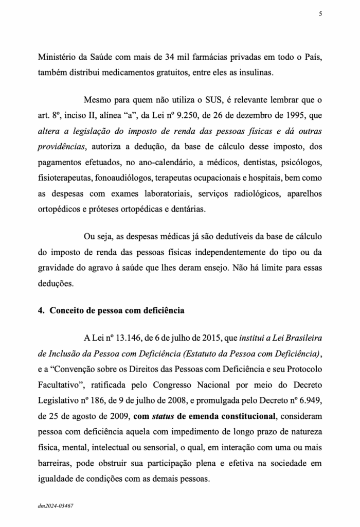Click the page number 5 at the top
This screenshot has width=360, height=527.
(320, 14)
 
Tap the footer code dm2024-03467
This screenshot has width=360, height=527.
(55, 505)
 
